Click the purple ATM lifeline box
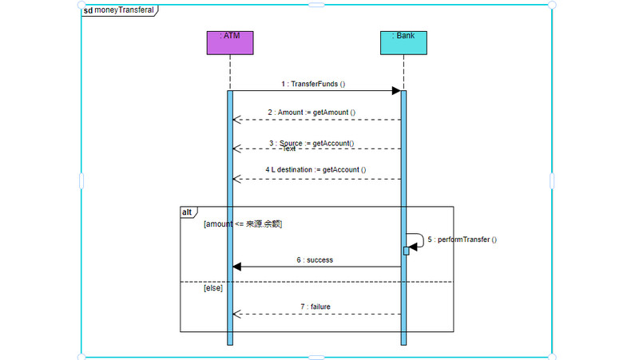(x=230, y=43)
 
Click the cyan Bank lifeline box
(x=403, y=43)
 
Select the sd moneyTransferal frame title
(x=119, y=10)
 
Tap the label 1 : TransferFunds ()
(x=313, y=84)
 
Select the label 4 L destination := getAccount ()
(x=316, y=169)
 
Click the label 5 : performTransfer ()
(x=462, y=239)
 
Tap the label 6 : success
(x=315, y=259)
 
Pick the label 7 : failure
(x=315, y=307)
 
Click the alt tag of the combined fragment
(x=187, y=212)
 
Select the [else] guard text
(x=213, y=288)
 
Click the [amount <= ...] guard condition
(x=243, y=224)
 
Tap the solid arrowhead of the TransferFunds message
(x=395, y=91)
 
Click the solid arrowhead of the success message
(x=237, y=267)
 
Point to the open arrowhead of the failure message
(x=236, y=314)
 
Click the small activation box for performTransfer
(x=407, y=251)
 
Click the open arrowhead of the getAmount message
(x=236, y=120)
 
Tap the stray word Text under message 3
(x=289, y=149)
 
